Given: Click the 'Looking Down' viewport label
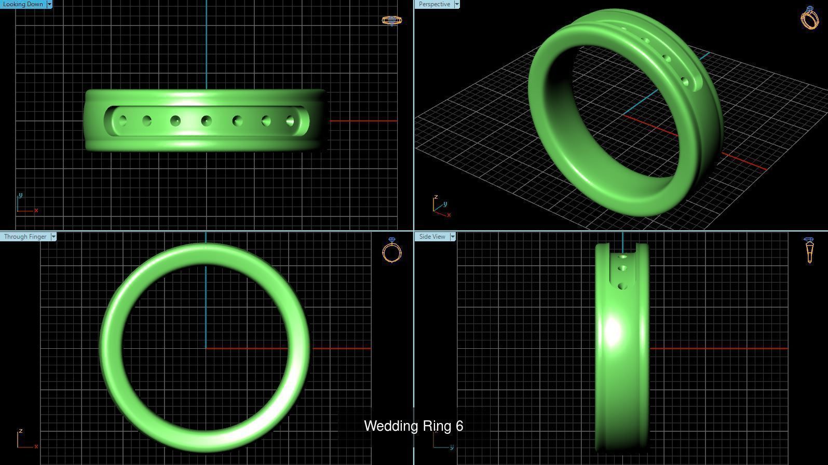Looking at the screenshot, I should tap(23, 4).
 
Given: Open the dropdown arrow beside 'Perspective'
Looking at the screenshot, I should tap(457, 4).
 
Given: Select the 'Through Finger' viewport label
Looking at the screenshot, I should tap(25, 237).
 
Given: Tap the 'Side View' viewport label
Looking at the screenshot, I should tap(432, 237).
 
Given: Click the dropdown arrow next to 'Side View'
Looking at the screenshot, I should tap(453, 237).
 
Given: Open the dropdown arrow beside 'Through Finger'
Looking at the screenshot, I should tap(53, 237).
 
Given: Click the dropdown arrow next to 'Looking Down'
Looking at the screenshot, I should tap(49, 4).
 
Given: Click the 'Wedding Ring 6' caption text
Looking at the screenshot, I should tap(414, 426).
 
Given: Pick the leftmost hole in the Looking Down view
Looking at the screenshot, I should tap(123, 121).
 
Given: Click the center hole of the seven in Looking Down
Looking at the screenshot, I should tap(207, 121).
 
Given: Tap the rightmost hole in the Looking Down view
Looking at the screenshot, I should tap(290, 121).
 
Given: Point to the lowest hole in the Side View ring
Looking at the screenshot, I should tap(623, 286).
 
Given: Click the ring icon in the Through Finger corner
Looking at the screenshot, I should tap(392, 251).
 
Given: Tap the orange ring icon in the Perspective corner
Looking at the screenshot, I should tap(810, 18).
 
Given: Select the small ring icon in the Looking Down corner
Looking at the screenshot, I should tap(392, 20).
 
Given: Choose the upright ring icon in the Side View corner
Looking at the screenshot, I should tap(809, 250).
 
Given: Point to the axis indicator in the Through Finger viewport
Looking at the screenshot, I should tap(26, 439).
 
